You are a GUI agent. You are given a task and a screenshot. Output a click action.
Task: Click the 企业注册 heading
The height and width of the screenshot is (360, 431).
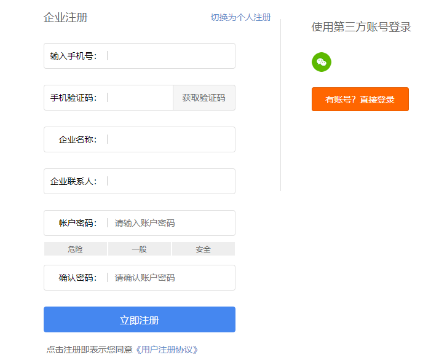[x=66, y=17]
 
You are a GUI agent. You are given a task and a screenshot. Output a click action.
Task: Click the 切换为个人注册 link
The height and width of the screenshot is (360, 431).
[x=240, y=17]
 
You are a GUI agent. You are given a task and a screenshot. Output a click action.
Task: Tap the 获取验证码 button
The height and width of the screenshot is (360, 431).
[x=204, y=98]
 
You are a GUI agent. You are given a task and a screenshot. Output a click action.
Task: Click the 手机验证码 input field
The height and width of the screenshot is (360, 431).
[x=139, y=98]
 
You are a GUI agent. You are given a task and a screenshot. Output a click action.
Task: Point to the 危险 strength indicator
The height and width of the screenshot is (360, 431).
[x=75, y=249]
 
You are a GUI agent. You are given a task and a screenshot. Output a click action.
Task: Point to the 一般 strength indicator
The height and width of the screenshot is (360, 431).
[x=139, y=249]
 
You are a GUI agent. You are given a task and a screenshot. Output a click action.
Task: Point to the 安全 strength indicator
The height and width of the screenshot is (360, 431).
[x=203, y=249]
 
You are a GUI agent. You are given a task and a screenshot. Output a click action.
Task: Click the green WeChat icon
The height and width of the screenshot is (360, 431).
[x=321, y=62]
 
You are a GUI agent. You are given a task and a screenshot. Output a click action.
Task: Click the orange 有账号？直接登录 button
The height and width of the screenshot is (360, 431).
[x=360, y=100]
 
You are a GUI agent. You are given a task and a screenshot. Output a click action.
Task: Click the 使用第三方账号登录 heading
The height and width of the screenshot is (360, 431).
[x=361, y=27]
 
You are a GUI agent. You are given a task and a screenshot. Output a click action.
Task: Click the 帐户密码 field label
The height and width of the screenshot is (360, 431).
[x=77, y=223]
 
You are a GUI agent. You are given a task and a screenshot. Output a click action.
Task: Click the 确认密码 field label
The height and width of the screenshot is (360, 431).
[x=77, y=278]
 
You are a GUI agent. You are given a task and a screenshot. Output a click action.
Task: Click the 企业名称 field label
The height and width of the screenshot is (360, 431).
[x=77, y=139]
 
